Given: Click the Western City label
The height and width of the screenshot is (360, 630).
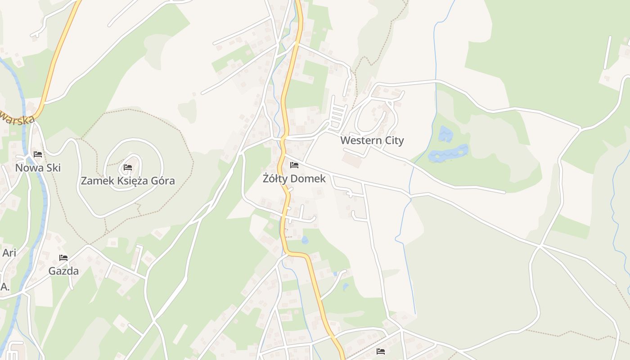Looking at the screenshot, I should [x=372, y=140].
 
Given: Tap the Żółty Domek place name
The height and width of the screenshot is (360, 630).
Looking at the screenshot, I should [x=294, y=179].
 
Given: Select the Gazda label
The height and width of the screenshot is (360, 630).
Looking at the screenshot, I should [x=63, y=271].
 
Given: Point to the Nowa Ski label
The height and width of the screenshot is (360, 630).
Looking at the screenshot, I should [x=38, y=168].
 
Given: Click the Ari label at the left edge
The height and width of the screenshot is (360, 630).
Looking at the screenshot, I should [x=9, y=253].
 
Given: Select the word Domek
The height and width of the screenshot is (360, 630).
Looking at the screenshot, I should [x=308, y=179].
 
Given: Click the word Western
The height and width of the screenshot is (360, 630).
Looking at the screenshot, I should [x=356, y=140].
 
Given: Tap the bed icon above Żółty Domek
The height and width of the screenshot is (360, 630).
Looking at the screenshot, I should [x=294, y=165].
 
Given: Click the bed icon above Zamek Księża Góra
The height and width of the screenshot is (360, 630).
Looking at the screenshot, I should [x=128, y=168].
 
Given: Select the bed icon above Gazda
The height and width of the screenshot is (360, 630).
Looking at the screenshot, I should [x=63, y=258].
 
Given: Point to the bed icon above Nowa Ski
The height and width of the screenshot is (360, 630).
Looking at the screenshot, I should [x=38, y=154].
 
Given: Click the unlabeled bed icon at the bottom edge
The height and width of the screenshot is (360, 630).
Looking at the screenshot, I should [x=381, y=351].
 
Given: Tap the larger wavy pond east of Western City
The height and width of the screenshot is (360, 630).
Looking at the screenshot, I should [x=448, y=153].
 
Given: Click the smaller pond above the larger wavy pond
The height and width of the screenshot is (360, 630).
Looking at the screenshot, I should [x=445, y=134].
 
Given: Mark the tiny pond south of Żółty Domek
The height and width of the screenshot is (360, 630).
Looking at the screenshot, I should [x=305, y=240].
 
